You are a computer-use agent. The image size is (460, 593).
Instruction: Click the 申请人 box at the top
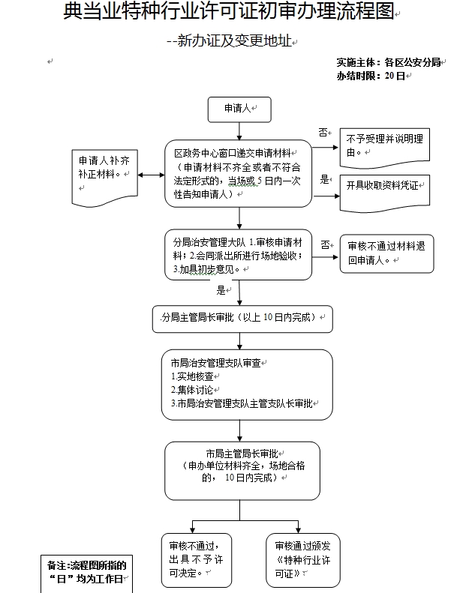coord(238,109)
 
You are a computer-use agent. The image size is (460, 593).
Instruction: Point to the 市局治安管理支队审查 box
coord(247,384)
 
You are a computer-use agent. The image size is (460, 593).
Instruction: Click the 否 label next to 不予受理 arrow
coord(323,132)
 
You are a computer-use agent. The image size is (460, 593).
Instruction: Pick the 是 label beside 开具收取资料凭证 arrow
coord(325,179)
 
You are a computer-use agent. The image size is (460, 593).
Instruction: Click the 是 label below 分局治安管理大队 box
coord(221,289)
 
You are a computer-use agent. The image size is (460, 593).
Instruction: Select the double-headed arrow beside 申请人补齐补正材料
coord(151,175)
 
